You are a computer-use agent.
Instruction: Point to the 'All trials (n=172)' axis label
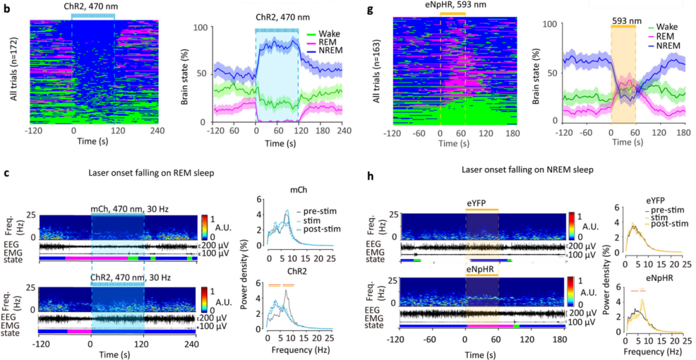(x=14, y=70)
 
